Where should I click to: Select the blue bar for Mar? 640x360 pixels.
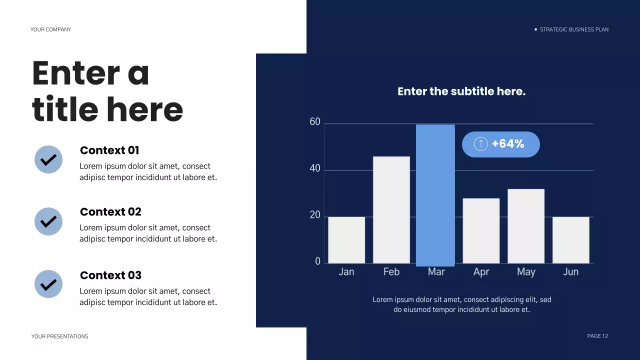pyautogui.click(x=435, y=195)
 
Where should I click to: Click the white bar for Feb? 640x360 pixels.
pyautogui.click(x=391, y=210)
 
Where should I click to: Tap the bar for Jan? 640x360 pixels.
pyautogui.click(x=346, y=240)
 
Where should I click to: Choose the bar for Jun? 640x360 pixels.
pyautogui.click(x=570, y=240)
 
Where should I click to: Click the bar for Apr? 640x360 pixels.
pyautogui.click(x=481, y=230)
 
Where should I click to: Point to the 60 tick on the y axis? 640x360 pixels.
pyautogui.click(x=315, y=122)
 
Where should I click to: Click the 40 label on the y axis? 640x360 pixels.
pyautogui.click(x=315, y=168)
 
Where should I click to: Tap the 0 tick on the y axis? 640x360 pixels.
pyautogui.click(x=317, y=261)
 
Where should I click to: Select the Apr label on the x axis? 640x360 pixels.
pyautogui.click(x=481, y=272)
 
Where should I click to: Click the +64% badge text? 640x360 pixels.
pyautogui.click(x=508, y=144)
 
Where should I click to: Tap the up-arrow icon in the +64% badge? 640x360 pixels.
pyautogui.click(x=480, y=144)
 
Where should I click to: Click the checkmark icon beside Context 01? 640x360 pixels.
pyautogui.click(x=48, y=159)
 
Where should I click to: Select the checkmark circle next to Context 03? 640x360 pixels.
pyautogui.click(x=48, y=284)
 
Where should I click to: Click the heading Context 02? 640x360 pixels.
pyautogui.click(x=110, y=212)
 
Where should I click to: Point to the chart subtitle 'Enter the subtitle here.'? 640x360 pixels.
pyautogui.click(x=461, y=91)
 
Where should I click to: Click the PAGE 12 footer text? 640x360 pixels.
pyautogui.click(x=597, y=336)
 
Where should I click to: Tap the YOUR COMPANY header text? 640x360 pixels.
pyautogui.click(x=50, y=29)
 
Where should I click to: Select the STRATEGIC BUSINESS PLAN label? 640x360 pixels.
pyautogui.click(x=574, y=29)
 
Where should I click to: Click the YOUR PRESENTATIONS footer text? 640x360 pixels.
pyautogui.click(x=59, y=336)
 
